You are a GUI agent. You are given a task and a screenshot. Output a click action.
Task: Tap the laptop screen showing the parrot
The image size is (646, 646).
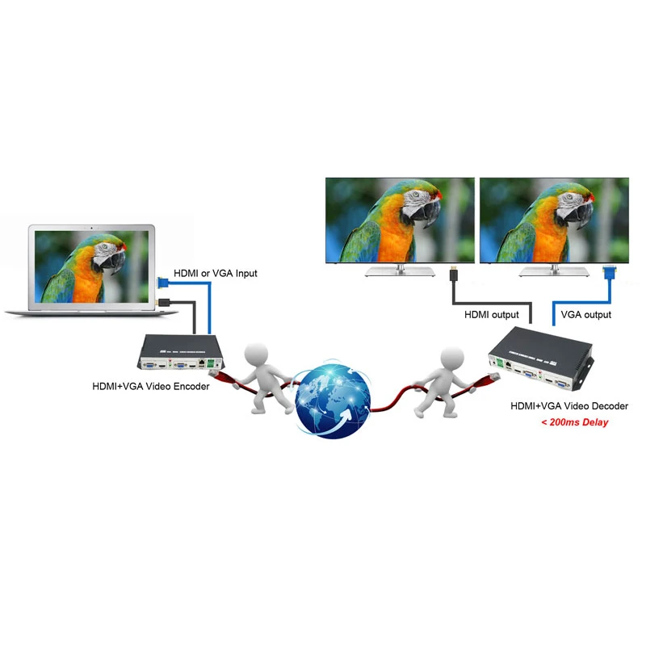(x=92, y=266)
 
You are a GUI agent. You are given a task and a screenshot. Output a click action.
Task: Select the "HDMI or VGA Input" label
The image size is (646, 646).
(x=216, y=274)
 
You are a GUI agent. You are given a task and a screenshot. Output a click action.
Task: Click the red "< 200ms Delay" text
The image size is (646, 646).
(x=574, y=422)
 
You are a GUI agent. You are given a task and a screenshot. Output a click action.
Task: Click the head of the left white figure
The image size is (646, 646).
(x=257, y=354)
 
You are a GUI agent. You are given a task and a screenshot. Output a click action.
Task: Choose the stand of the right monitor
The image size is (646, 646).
(x=554, y=271)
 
